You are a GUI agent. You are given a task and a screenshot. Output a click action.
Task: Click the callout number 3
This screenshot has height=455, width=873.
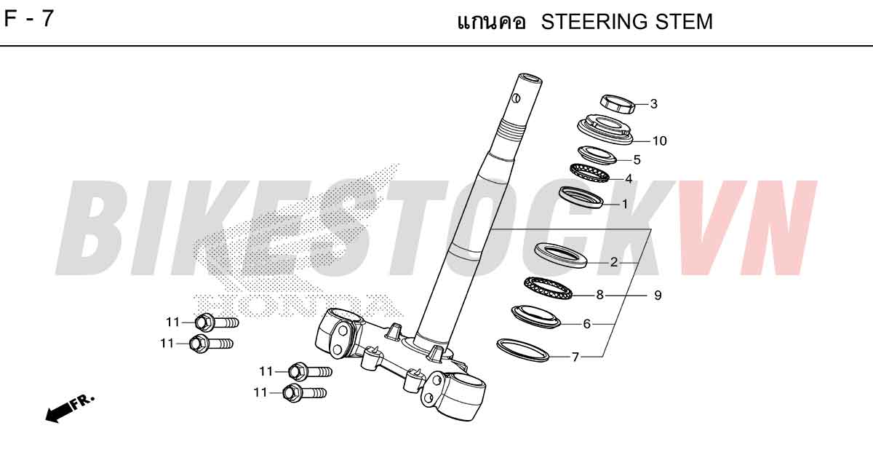click(653, 103)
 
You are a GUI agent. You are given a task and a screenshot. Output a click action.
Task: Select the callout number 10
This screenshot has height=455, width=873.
click(659, 141)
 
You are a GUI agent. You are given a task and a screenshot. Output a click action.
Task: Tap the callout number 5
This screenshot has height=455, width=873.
click(637, 159)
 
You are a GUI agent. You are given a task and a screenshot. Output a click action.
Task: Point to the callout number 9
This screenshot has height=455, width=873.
click(658, 296)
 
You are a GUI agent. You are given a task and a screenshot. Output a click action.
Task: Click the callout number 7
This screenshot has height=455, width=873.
click(575, 357)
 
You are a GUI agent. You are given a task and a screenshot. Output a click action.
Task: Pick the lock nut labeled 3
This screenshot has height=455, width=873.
click(618, 104)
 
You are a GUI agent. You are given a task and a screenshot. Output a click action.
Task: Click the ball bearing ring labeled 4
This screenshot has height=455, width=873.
click(589, 173)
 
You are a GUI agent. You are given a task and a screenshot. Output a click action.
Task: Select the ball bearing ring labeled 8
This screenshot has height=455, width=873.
click(549, 288)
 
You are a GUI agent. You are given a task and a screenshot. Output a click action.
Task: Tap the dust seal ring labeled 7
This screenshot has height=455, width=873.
click(523, 349)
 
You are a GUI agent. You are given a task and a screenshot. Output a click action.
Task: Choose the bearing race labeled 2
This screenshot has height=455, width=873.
click(560, 256)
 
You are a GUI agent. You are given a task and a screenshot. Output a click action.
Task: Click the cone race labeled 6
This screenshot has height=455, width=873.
click(536, 317)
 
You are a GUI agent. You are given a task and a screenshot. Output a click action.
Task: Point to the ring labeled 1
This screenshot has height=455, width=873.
click(581, 197)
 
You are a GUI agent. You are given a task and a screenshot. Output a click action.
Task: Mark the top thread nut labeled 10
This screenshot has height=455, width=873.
click(605, 130)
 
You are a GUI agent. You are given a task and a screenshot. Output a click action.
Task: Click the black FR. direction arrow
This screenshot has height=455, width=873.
click(70, 408)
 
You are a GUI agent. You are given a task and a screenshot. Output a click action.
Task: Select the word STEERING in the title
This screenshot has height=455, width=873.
click(595, 22)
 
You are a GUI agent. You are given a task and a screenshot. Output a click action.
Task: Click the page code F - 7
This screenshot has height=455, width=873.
click(28, 19)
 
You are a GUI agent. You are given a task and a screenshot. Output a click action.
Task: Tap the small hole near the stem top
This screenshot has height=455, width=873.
click(517, 98)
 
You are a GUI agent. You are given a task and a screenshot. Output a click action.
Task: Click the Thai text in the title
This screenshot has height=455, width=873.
click(492, 22)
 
